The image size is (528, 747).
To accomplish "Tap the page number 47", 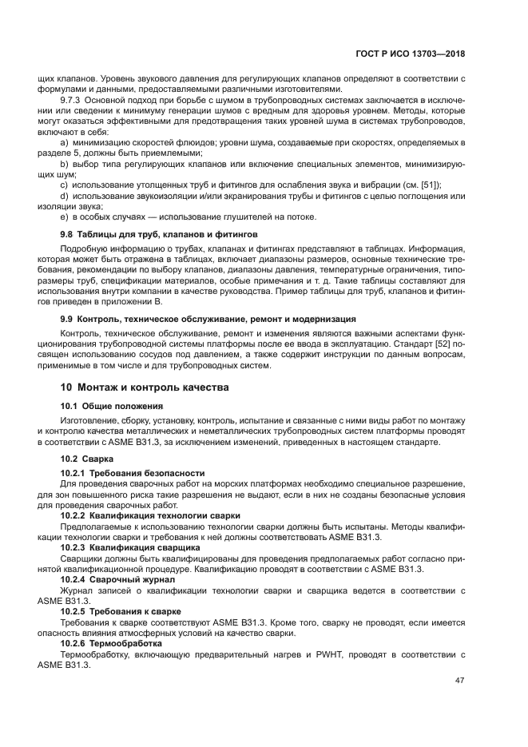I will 459,681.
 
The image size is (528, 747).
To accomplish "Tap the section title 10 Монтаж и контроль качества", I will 145,387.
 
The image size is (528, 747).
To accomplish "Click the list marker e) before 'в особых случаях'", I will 64,217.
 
